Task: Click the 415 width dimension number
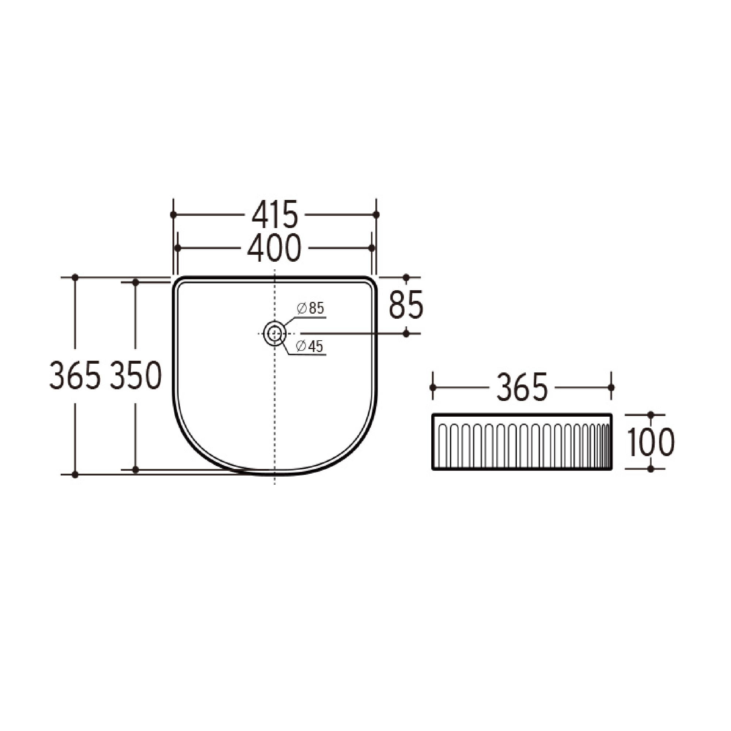coord(275,215)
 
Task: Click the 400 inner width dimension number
coord(274,248)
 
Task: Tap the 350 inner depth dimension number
coord(136,375)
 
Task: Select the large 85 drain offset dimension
coord(406,305)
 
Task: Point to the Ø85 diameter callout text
coord(311,308)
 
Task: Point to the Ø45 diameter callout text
coord(310,346)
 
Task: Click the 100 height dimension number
coord(651,442)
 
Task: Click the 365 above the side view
coord(522,387)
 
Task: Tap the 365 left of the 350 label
coord(75,375)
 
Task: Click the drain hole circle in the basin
coord(274,333)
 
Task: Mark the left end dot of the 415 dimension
coord(173,215)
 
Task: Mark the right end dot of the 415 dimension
coord(376,215)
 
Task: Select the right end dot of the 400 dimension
coord(371,248)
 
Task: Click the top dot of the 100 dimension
coord(651,415)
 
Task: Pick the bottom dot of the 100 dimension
coord(651,469)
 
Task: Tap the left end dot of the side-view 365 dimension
coord(433,387)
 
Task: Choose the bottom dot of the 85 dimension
coord(406,333)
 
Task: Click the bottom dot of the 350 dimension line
coord(136,470)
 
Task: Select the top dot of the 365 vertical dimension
coord(75,277)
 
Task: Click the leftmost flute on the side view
coord(442,445)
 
